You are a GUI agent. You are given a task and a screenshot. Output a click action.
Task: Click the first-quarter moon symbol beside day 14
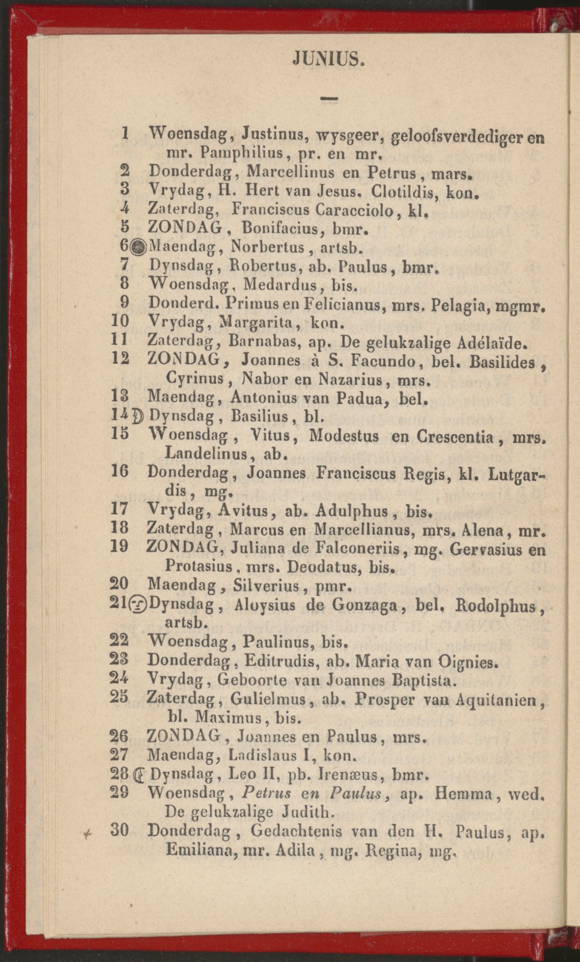[139, 417]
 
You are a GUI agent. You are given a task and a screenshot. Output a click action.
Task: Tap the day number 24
[119, 679]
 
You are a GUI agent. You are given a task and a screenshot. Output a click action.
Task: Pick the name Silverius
[266, 586]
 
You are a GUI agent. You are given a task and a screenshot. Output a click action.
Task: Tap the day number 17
[119, 510]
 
